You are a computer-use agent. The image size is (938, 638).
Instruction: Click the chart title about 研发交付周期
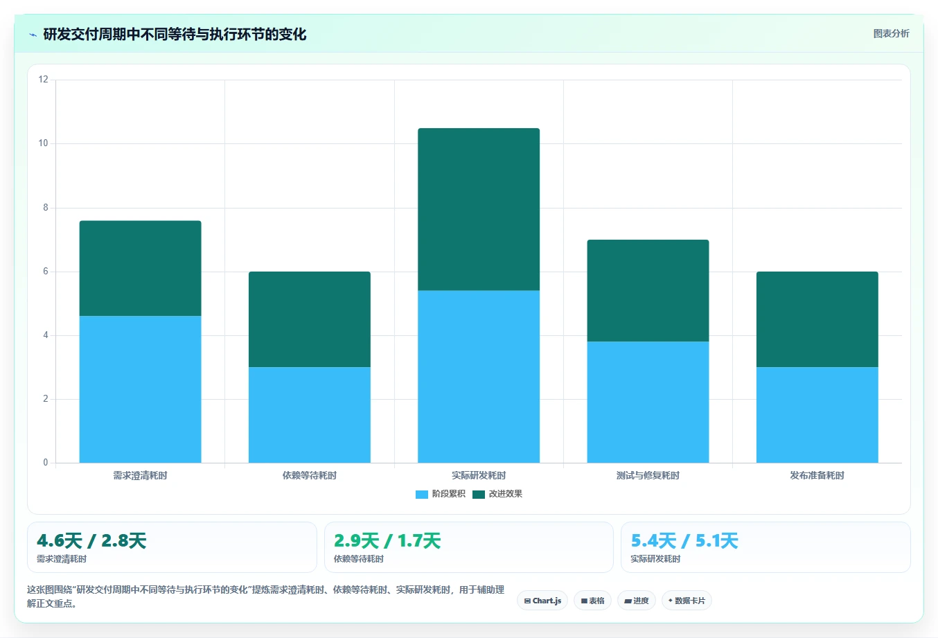pos(175,35)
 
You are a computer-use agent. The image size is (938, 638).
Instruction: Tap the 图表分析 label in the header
pos(891,33)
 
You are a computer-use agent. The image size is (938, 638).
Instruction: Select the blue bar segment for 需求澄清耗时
pos(140,389)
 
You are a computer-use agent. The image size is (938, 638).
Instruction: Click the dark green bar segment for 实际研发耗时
pos(479,209)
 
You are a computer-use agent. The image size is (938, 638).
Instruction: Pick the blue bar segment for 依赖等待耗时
pos(310,415)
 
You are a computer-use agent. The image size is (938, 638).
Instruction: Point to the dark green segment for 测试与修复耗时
pos(648,290)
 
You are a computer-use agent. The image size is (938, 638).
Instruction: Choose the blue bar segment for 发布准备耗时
pos(817,415)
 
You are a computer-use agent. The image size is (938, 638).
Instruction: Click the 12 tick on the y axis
pos(43,80)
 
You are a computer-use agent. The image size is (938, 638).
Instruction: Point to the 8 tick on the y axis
pos(46,208)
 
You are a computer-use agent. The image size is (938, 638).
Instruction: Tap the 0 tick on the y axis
pos(46,463)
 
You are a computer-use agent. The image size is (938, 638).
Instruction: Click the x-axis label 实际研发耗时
pos(479,476)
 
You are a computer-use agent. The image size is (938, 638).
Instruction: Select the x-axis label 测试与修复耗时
pos(648,476)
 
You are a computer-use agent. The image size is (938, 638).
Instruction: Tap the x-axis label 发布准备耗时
pos(817,476)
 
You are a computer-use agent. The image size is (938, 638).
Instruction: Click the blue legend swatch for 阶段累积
pos(422,495)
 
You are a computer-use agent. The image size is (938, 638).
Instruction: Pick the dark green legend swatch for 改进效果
pos(479,495)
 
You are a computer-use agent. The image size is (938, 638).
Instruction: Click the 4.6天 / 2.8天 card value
pos(91,541)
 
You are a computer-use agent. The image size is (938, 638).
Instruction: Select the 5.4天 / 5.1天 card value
pos(684,541)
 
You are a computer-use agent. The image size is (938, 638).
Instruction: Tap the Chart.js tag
pos(542,601)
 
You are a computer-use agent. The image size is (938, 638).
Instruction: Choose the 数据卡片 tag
pos(687,601)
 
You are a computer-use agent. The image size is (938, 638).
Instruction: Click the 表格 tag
pos(592,601)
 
